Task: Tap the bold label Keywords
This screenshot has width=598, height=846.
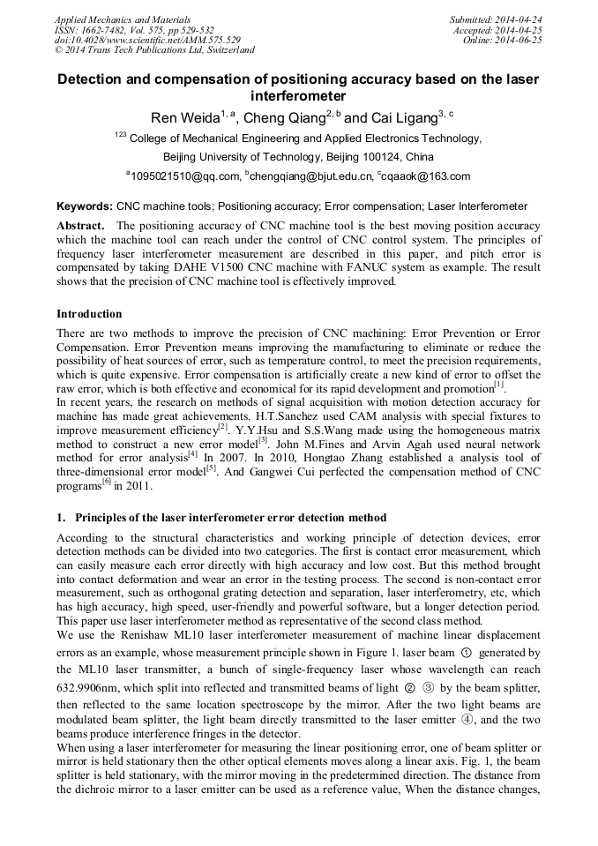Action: click(x=84, y=206)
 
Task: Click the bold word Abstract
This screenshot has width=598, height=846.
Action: click(x=81, y=226)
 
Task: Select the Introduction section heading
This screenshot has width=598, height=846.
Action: click(x=89, y=313)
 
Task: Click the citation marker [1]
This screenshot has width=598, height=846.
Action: click(x=499, y=385)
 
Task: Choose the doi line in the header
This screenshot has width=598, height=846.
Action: click(x=147, y=41)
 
